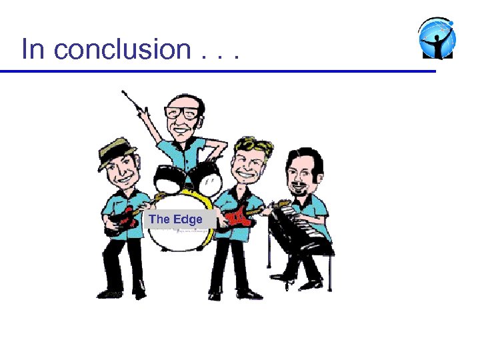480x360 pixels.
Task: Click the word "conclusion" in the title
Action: click(123, 49)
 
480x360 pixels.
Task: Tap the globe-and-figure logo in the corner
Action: click(437, 38)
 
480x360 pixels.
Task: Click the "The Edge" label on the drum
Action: click(176, 219)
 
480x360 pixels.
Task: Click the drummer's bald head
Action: click(183, 98)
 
